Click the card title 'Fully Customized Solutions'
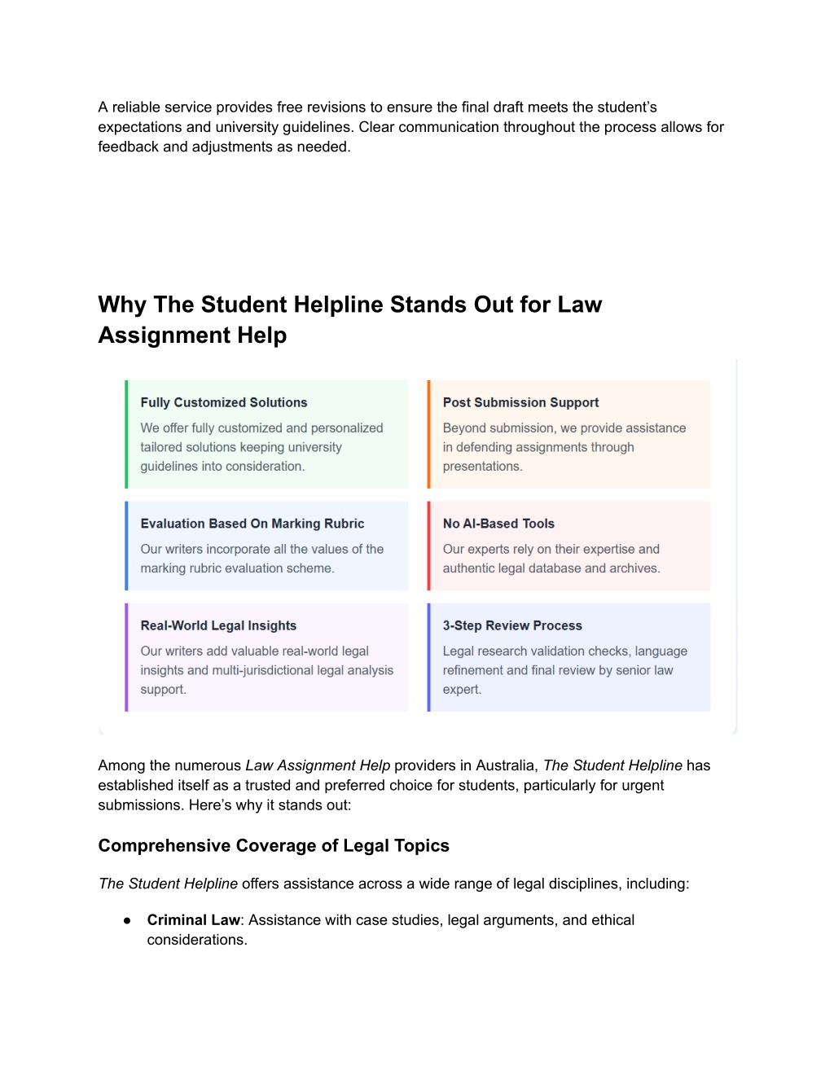click(223, 402)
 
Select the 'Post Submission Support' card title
click(520, 402)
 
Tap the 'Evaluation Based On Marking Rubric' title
click(252, 524)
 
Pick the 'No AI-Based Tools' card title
click(498, 524)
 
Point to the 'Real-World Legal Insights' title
click(218, 625)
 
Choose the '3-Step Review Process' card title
click(512, 625)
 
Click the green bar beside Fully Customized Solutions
click(126, 435)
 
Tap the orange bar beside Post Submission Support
click(429, 435)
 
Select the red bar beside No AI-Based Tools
click(429, 546)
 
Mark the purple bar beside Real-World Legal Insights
click(126, 657)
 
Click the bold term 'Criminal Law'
click(194, 920)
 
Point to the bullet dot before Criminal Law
click(127, 920)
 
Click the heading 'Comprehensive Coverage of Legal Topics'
click(274, 845)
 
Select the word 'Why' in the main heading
click(122, 305)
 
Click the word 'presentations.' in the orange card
click(482, 467)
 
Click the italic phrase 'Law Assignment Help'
click(318, 765)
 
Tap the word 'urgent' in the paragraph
click(643, 785)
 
